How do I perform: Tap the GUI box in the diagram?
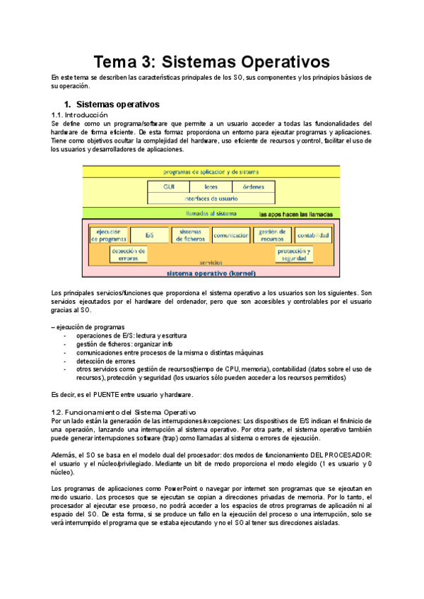(x=169, y=187)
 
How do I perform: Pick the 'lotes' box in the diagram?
(x=211, y=187)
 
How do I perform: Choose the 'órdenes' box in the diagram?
(x=253, y=187)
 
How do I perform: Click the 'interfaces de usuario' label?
(x=211, y=198)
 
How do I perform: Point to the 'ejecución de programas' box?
(x=108, y=235)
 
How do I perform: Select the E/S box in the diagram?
(x=150, y=235)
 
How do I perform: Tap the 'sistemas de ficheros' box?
(x=190, y=235)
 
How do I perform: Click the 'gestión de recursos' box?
(x=272, y=235)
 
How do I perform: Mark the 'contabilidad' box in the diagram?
(x=313, y=235)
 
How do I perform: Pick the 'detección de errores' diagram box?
(x=129, y=254)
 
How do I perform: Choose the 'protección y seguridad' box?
(x=293, y=254)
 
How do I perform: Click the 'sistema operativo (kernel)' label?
(x=211, y=272)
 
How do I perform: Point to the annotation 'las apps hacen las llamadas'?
(x=295, y=213)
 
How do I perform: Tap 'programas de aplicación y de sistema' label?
(x=211, y=172)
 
